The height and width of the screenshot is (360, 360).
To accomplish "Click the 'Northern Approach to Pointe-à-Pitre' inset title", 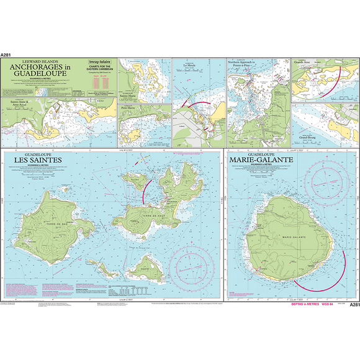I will (x=243, y=64).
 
